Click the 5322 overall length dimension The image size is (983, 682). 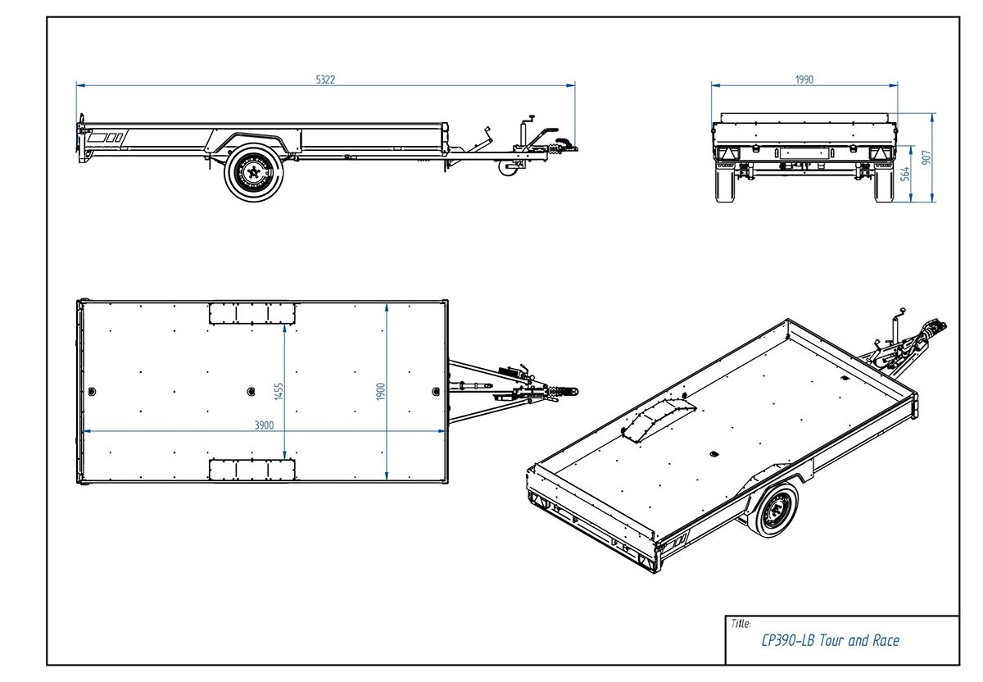(x=325, y=80)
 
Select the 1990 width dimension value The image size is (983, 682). (x=804, y=80)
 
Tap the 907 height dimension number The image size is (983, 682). (x=926, y=157)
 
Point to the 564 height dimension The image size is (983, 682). (x=905, y=173)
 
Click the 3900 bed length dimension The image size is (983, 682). (x=263, y=425)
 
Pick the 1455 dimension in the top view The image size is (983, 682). (x=279, y=390)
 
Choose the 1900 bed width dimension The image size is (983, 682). (x=381, y=390)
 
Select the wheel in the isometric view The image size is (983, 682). (x=772, y=509)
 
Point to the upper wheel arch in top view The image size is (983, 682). (x=251, y=313)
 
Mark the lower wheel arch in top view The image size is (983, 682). (x=251, y=469)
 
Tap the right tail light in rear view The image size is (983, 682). (x=877, y=153)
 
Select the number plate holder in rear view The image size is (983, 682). (x=802, y=152)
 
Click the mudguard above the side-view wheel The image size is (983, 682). (x=250, y=139)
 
